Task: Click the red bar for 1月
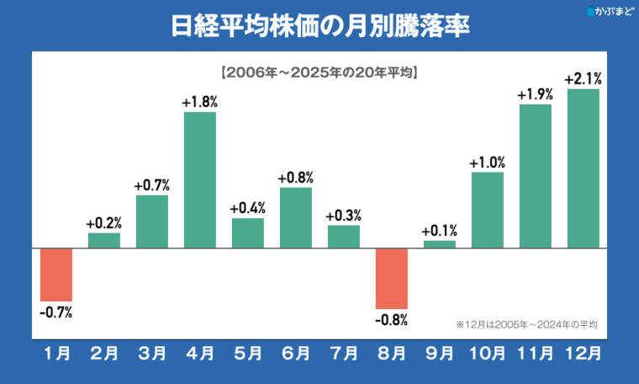click(56, 275)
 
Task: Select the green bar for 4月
click(200, 179)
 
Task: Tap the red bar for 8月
click(392, 278)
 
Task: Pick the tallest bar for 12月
click(584, 168)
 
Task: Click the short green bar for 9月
click(440, 244)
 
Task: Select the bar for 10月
click(488, 210)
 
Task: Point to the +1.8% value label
click(200, 102)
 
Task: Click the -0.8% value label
click(392, 320)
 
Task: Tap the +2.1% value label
click(584, 79)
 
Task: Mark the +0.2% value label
click(104, 223)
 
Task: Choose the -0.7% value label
click(56, 312)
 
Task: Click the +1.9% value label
click(536, 94)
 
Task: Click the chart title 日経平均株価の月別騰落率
click(319, 25)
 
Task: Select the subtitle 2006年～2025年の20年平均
click(319, 72)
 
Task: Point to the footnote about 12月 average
click(526, 323)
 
